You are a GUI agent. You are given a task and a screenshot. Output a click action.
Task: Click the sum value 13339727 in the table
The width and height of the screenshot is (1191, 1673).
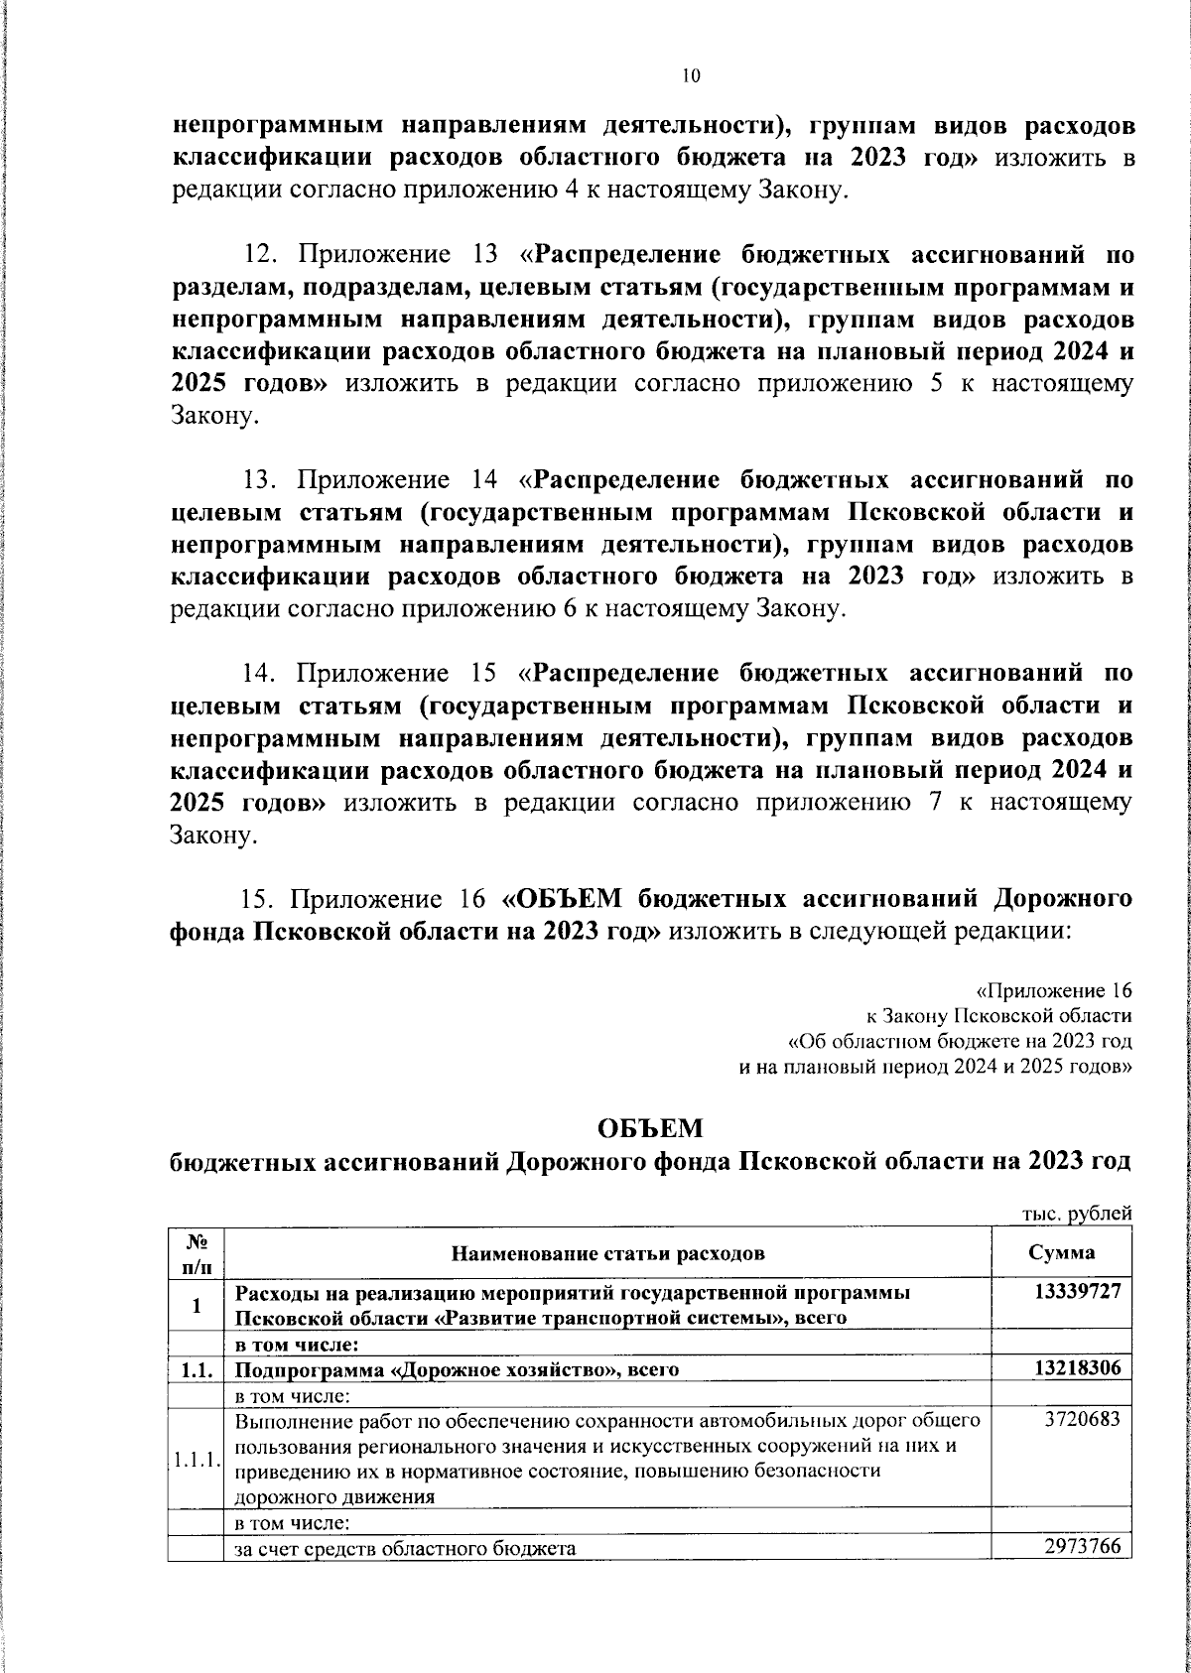click(x=1076, y=1293)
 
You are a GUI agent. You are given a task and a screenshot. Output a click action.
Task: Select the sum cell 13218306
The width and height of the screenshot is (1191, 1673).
click(x=1076, y=1368)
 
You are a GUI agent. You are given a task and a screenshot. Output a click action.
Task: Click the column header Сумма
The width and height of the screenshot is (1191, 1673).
click(x=1062, y=1252)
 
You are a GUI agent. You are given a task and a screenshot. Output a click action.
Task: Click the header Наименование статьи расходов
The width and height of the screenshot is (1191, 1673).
click(x=607, y=1253)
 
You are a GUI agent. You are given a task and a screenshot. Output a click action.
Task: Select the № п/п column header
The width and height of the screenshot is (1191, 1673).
click(x=196, y=1252)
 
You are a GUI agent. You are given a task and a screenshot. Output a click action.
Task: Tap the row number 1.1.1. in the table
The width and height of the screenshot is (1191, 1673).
click(x=196, y=1461)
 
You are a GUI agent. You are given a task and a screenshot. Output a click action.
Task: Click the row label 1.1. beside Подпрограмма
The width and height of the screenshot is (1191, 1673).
click(x=197, y=1370)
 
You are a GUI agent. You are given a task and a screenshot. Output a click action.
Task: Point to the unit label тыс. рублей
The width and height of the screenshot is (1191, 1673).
click(x=1076, y=1214)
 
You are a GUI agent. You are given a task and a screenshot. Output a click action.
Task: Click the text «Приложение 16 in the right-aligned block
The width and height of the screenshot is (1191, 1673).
click(x=1054, y=991)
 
